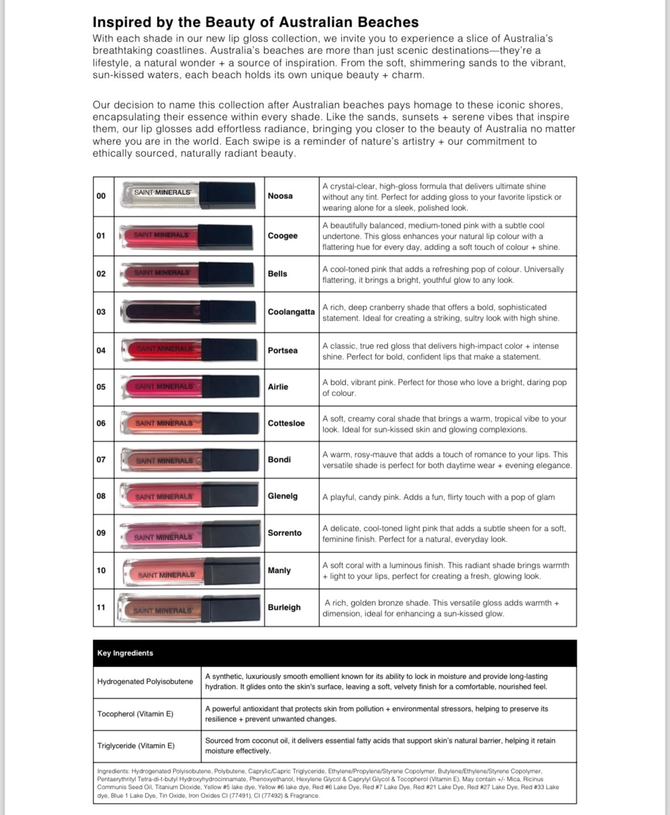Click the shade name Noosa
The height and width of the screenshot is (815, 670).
point(280,196)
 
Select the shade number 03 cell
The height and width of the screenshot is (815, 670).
point(101,312)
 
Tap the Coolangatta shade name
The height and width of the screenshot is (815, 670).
point(291,312)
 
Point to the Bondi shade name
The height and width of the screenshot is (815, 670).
point(279,460)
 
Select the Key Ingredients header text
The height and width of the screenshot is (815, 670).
point(125,653)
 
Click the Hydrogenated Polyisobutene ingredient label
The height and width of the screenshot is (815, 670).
point(145,681)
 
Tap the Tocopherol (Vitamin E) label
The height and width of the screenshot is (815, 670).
point(135,714)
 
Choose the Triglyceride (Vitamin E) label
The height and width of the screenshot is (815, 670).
point(136,746)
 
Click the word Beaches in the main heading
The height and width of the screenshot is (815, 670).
point(388,22)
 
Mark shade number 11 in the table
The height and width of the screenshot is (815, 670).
point(101,608)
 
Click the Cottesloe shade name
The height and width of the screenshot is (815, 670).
point(286,423)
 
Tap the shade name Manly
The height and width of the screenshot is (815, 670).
point(279,571)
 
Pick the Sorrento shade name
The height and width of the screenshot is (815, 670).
point(285,533)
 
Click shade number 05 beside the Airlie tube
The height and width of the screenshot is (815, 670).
point(101,387)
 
